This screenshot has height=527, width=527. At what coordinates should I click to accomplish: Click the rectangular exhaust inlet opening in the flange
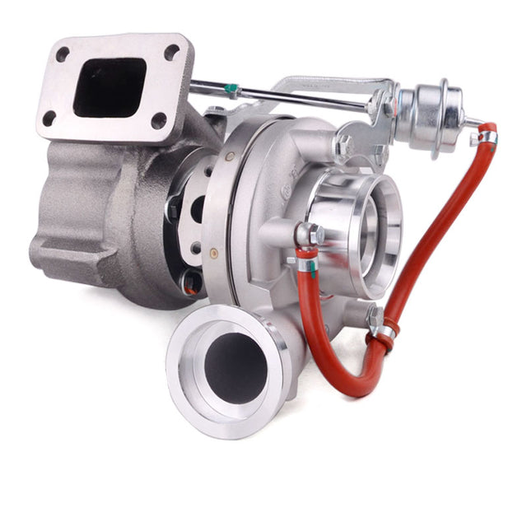click(x=109, y=86)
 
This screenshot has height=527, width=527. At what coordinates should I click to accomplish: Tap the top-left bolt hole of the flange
click(x=63, y=55)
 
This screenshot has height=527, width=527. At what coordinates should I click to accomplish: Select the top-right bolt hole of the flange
click(x=171, y=53)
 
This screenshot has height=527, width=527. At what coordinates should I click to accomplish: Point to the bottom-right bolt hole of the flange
click(x=158, y=120)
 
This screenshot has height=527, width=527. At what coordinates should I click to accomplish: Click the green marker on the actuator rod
click(x=231, y=88)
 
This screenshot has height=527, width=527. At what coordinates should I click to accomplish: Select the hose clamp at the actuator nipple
click(x=487, y=136)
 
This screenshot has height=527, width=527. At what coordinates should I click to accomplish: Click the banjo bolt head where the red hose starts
click(x=309, y=235)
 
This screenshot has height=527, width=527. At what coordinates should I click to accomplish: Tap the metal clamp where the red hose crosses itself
click(x=383, y=332)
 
